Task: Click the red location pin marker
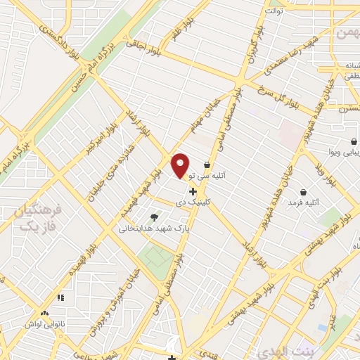181,165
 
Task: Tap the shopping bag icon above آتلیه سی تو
206,166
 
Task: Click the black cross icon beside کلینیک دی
193,191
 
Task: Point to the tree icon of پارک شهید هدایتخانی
155,217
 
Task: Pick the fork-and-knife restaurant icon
60,297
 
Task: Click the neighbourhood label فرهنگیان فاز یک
39,218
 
